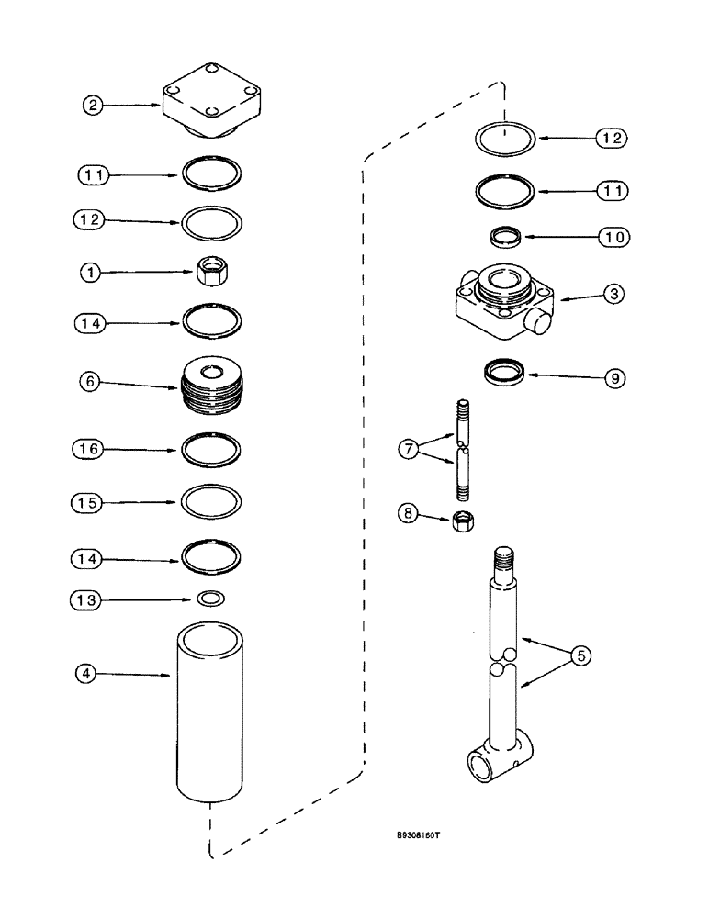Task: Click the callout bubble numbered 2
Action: click(92, 106)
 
